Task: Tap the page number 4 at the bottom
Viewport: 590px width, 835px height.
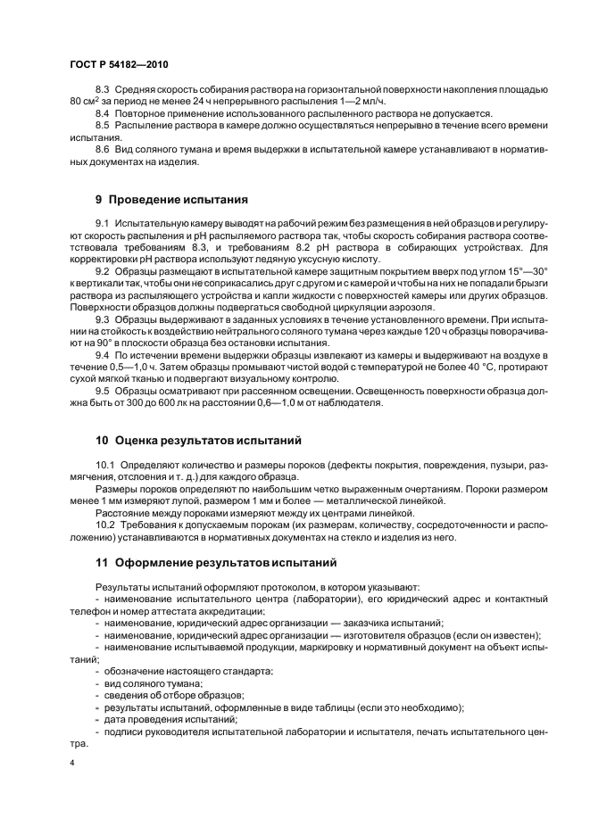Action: pos(71,764)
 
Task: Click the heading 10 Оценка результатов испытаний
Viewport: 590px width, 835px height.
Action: pos(199,440)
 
